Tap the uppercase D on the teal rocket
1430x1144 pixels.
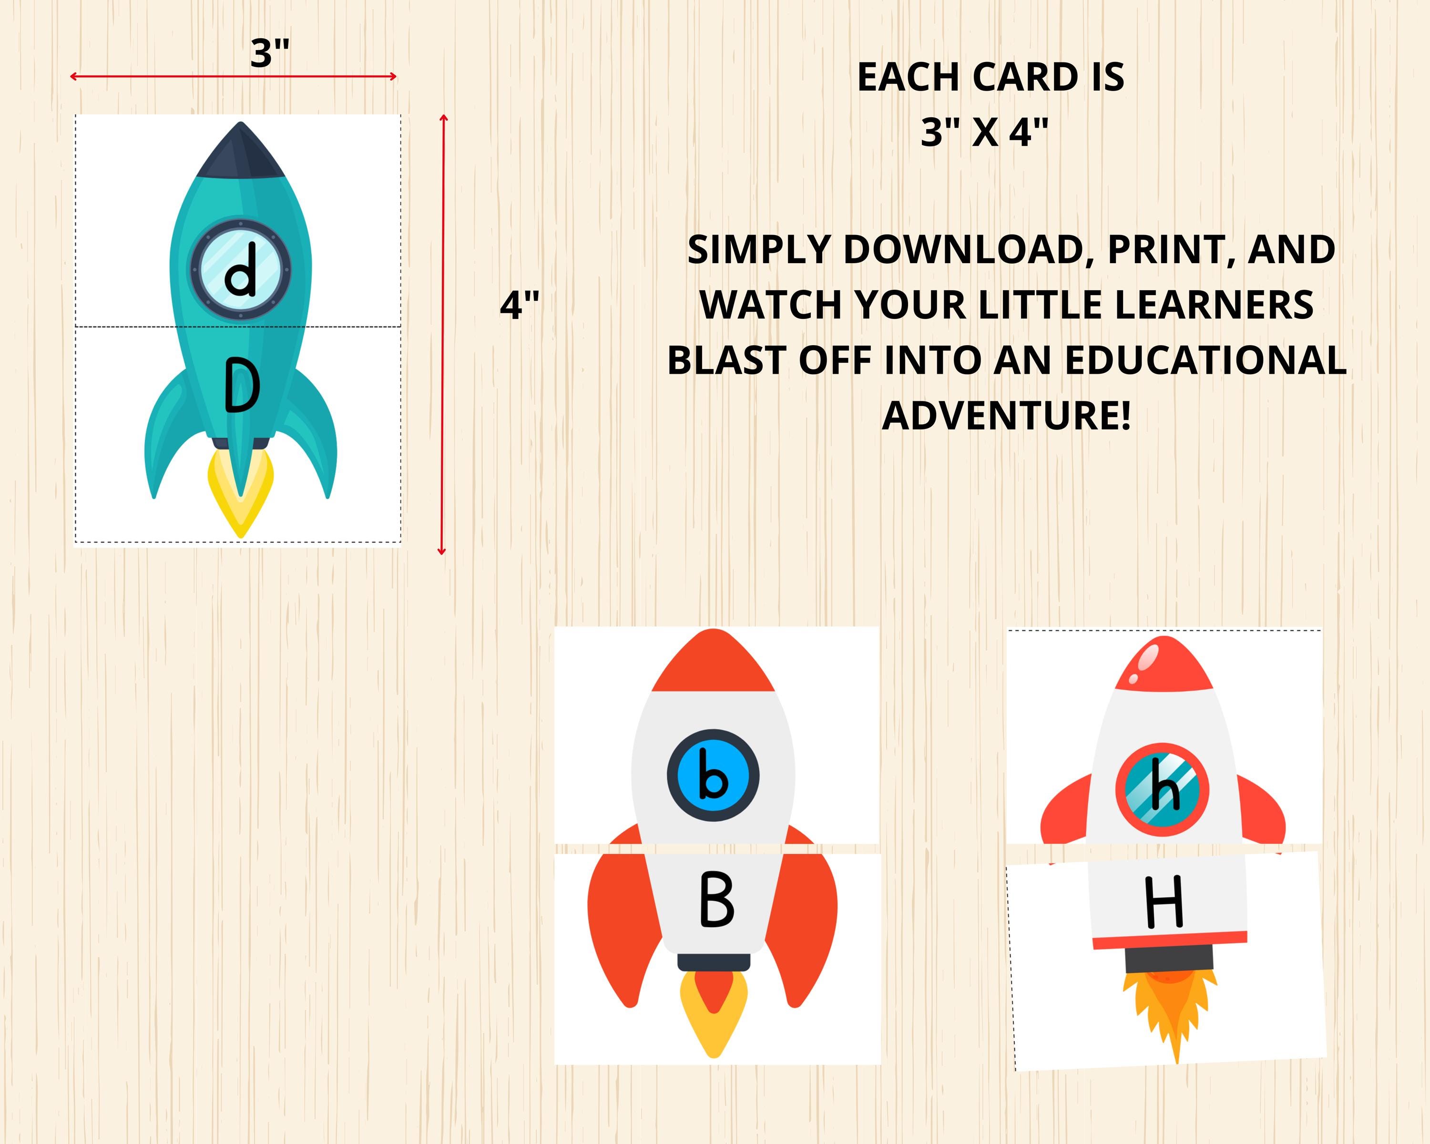(241, 385)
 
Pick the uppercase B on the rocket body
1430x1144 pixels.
(716, 900)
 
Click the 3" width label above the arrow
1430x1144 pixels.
(270, 53)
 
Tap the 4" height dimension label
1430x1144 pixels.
(520, 305)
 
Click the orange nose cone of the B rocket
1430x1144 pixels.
(713, 663)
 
